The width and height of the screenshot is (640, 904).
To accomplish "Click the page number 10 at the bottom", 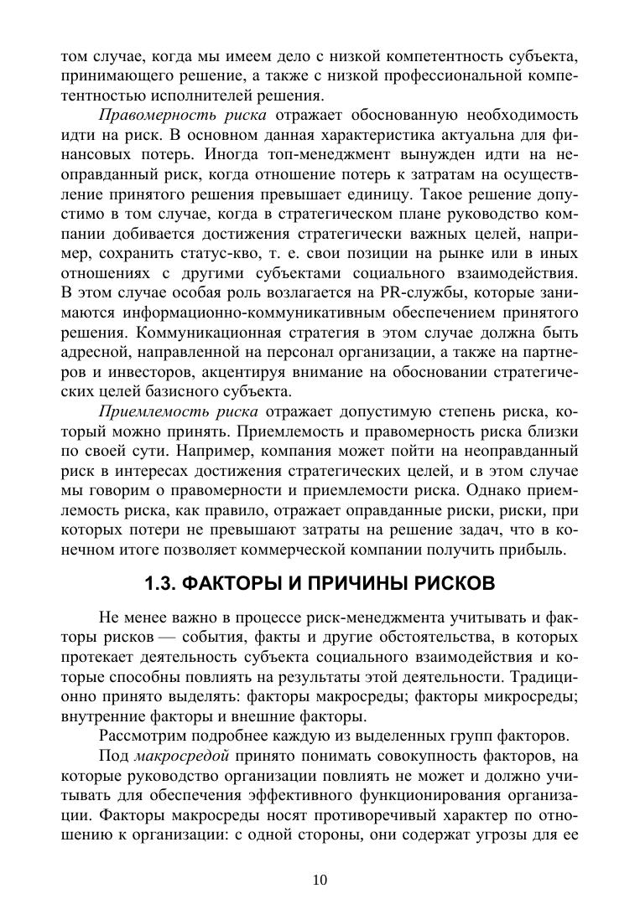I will coord(320,879).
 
